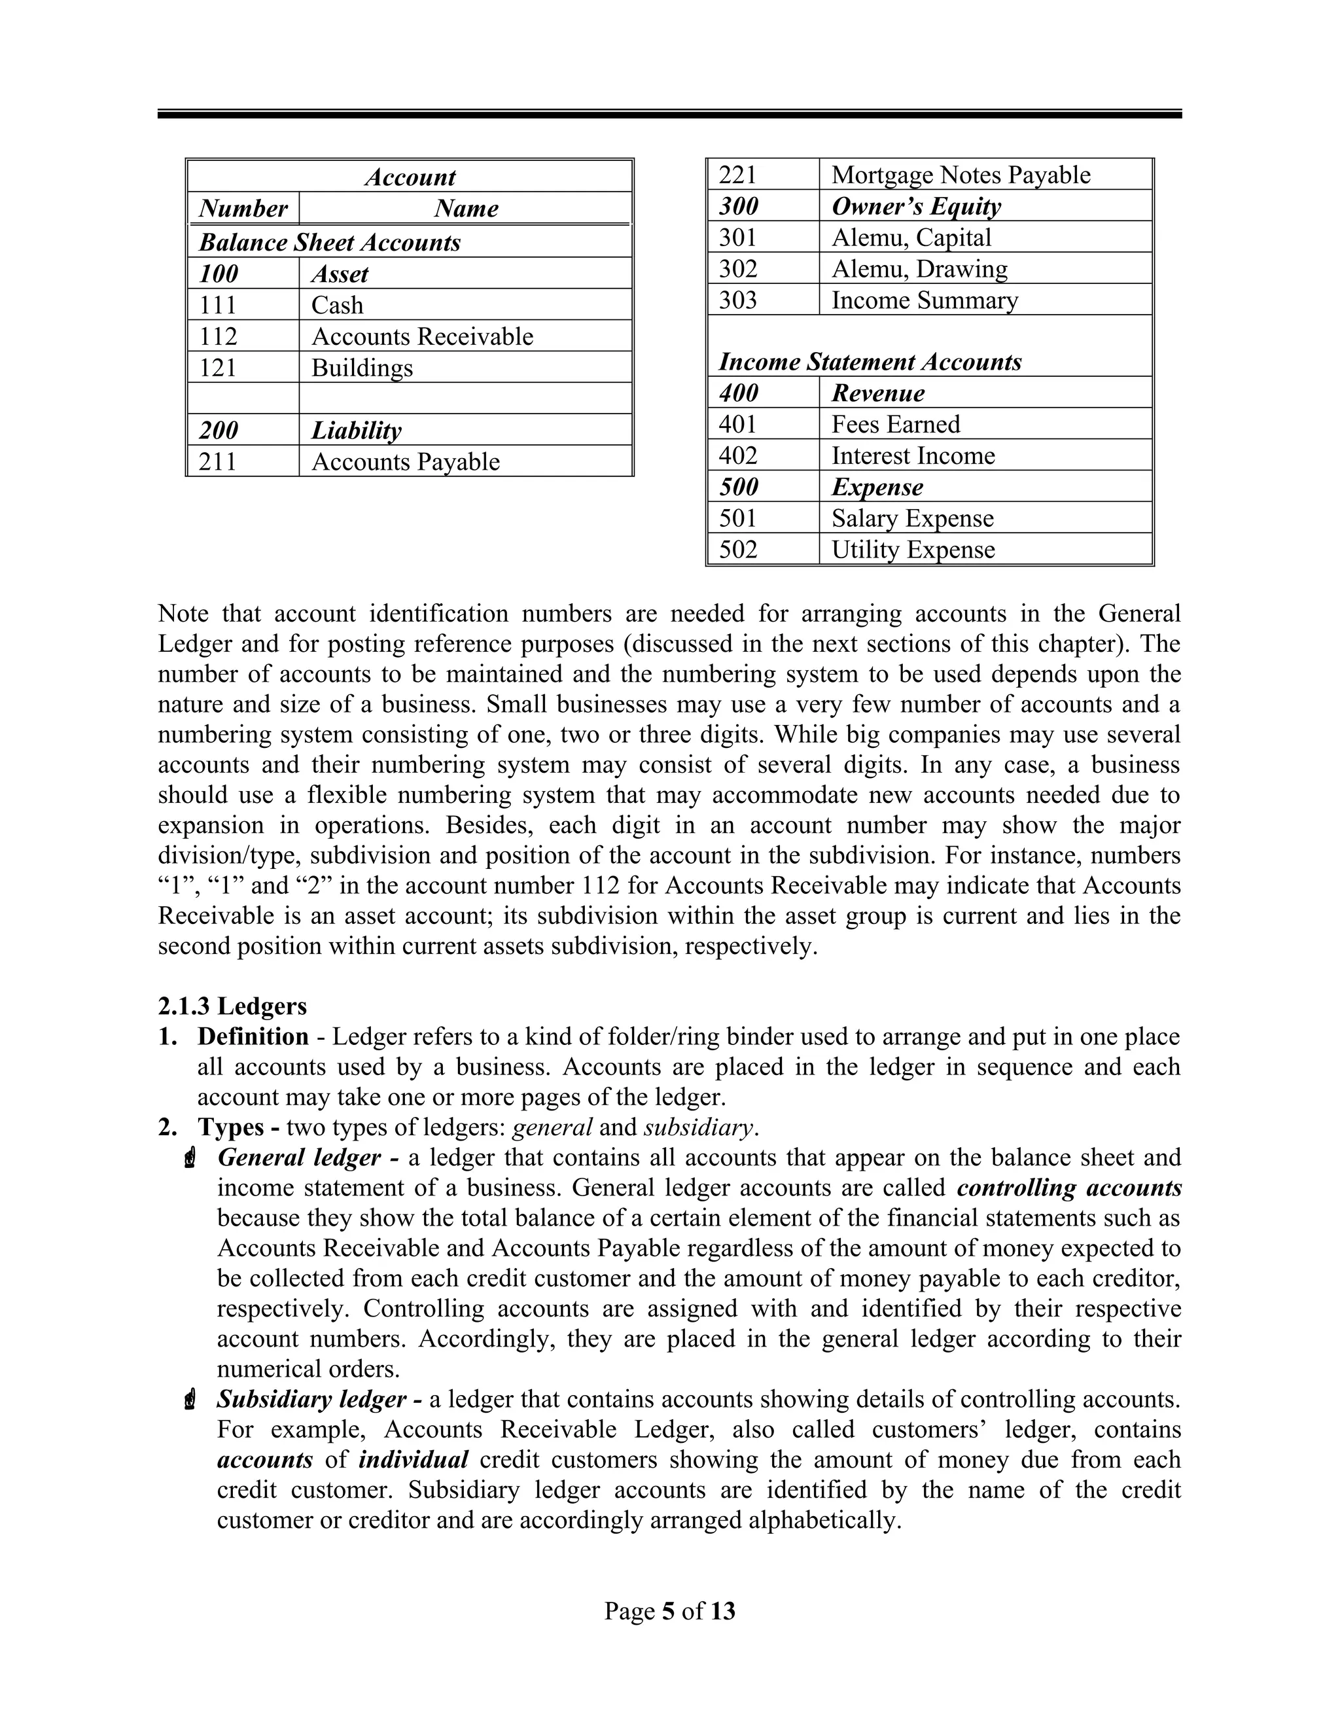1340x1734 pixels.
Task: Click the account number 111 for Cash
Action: (x=219, y=305)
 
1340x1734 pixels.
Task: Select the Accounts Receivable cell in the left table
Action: (x=422, y=336)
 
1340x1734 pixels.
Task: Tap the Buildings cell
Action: (x=362, y=368)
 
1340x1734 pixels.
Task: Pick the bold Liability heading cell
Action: (x=356, y=431)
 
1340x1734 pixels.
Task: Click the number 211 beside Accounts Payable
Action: (x=219, y=461)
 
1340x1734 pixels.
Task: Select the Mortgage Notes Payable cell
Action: (x=961, y=175)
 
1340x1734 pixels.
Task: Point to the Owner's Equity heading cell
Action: (x=915, y=206)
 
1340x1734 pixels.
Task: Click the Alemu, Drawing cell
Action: (x=919, y=268)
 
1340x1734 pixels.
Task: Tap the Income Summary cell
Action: (x=924, y=300)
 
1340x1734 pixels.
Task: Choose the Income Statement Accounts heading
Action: (x=870, y=362)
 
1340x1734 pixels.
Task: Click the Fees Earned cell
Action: (x=896, y=424)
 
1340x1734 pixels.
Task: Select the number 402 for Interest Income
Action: (x=738, y=455)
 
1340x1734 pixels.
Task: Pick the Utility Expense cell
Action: (x=912, y=550)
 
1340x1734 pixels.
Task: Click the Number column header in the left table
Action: (x=243, y=209)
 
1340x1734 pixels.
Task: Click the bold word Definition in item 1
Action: (x=253, y=1037)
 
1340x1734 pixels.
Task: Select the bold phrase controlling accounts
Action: (x=1068, y=1188)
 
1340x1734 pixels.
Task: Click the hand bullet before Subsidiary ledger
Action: (x=189, y=1400)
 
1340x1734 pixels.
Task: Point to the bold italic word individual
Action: (x=413, y=1460)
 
